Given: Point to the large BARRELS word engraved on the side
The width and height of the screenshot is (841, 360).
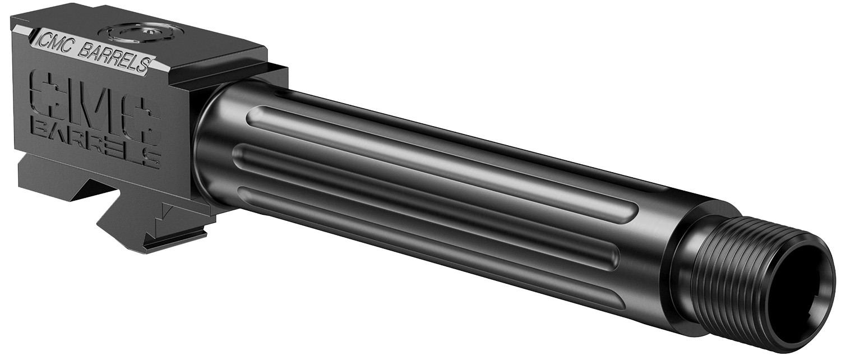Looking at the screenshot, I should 95,143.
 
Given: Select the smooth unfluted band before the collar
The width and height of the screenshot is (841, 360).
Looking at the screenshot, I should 656,247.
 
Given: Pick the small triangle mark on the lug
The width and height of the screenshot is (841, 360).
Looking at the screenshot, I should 167,211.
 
